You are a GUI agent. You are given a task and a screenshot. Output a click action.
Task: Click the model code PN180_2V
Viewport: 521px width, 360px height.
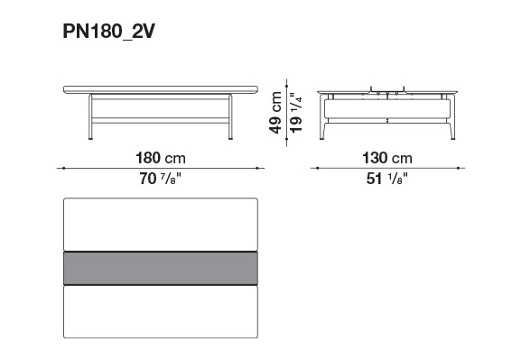pyautogui.click(x=109, y=32)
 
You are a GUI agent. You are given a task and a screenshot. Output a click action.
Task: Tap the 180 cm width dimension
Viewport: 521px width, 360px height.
pyautogui.click(x=161, y=158)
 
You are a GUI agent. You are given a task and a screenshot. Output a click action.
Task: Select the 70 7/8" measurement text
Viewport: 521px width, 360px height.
pyautogui.click(x=161, y=179)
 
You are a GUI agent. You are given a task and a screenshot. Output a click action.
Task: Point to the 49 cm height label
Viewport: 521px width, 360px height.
pyautogui.click(x=275, y=113)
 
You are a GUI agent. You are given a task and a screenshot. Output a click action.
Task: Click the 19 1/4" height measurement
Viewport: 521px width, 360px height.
pyautogui.click(x=296, y=113)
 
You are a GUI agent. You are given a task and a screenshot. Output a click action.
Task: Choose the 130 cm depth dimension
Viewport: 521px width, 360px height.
pyautogui.click(x=387, y=158)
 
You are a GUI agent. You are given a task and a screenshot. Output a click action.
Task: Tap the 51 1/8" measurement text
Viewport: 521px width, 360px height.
pyautogui.click(x=387, y=179)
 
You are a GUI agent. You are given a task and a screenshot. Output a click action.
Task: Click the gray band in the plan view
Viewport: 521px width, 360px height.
pyautogui.click(x=161, y=268)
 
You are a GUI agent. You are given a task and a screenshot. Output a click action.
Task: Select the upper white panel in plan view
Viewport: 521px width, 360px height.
pyautogui.click(x=161, y=225)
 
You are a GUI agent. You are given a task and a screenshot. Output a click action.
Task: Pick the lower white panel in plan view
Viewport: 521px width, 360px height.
pyautogui.click(x=161, y=312)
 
